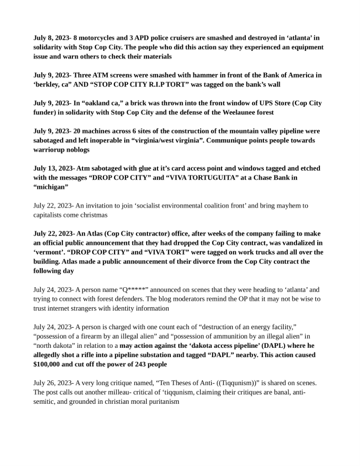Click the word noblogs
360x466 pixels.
coord(77,150)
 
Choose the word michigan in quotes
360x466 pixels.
coord(51,187)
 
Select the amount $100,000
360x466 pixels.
coord(50,364)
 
